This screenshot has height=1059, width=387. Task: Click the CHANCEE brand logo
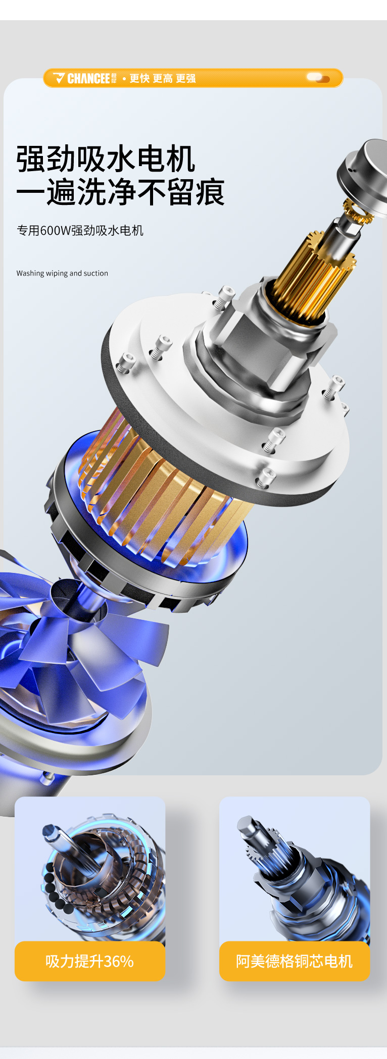pos(85,78)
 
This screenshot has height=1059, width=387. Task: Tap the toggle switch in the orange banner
pos(318,78)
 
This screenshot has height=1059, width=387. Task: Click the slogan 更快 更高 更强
pos(163,78)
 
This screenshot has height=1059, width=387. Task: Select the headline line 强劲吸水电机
pos(105,159)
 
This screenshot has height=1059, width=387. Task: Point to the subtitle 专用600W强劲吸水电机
pos(80,231)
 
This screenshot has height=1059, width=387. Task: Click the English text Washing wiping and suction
pos(62,273)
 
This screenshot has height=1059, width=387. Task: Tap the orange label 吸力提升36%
pos(90,961)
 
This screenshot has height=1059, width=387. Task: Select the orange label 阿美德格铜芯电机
pos(295,961)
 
